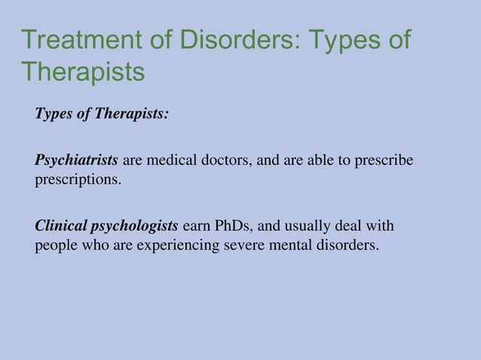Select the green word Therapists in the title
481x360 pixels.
(x=83, y=72)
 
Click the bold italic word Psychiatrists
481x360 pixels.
(x=76, y=160)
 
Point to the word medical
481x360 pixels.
(x=170, y=160)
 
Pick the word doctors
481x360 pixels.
(x=223, y=160)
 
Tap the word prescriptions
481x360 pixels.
(x=77, y=181)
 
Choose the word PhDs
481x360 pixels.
(x=237, y=226)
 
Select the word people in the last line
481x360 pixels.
(x=54, y=246)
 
